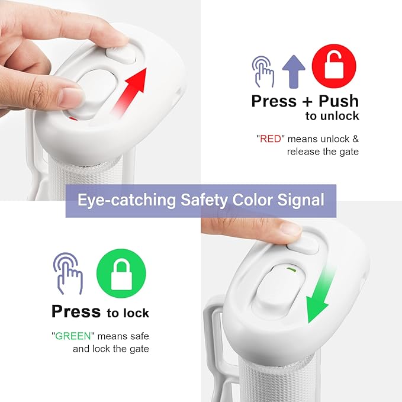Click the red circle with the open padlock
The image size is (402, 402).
[x=334, y=66]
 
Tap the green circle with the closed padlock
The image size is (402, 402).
[x=121, y=274]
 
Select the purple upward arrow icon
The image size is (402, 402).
[x=294, y=72]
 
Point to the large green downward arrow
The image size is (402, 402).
[x=320, y=295]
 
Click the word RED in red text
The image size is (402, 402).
[x=271, y=139]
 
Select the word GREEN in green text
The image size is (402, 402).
[x=73, y=336]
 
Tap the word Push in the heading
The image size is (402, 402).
[x=339, y=101]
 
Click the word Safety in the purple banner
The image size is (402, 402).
[x=204, y=200]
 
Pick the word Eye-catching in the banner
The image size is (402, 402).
[x=127, y=200]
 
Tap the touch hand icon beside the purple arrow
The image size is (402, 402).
[x=263, y=72]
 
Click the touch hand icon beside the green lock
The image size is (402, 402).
[x=68, y=274]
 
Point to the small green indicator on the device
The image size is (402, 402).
[x=292, y=269]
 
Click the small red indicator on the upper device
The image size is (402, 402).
[x=73, y=118]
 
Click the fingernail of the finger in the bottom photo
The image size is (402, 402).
[x=291, y=228]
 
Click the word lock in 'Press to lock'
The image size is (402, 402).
[x=136, y=313]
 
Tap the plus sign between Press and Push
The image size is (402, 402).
[x=307, y=102]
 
